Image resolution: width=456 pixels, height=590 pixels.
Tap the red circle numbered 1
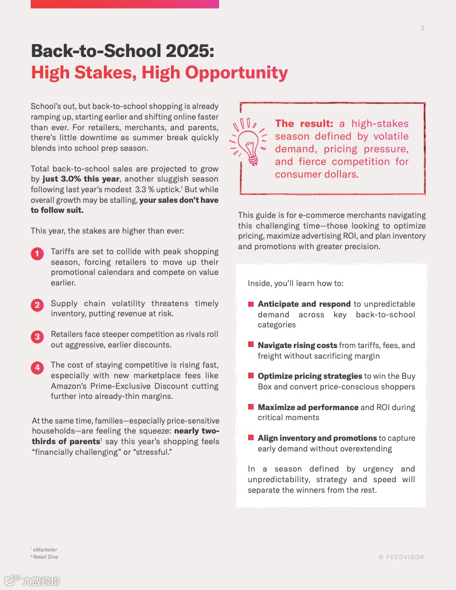[37, 254]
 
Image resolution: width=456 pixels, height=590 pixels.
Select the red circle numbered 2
[37, 305]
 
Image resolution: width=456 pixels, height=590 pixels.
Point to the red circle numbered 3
[37, 336]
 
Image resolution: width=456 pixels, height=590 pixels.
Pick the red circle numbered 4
[37, 367]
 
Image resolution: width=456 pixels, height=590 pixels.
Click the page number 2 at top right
[422, 28]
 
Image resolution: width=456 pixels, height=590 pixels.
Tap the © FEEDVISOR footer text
[401, 557]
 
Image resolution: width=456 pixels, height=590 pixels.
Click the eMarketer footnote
[45, 550]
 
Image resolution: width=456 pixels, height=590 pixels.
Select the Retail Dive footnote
[45, 557]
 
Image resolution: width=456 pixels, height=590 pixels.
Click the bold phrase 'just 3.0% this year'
[81, 179]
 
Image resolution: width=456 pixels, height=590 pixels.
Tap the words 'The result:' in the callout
[304, 123]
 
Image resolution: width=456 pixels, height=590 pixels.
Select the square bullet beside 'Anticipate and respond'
[251, 304]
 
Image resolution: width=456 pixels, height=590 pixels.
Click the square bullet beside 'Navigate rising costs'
[251, 345]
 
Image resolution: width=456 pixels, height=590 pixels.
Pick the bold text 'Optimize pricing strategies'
[310, 376]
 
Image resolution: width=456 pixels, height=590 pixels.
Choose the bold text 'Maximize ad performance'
[308, 407]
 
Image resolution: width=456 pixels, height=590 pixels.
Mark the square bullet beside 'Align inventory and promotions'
[251, 438]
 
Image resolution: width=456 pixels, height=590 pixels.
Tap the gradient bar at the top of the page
[125, 4]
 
